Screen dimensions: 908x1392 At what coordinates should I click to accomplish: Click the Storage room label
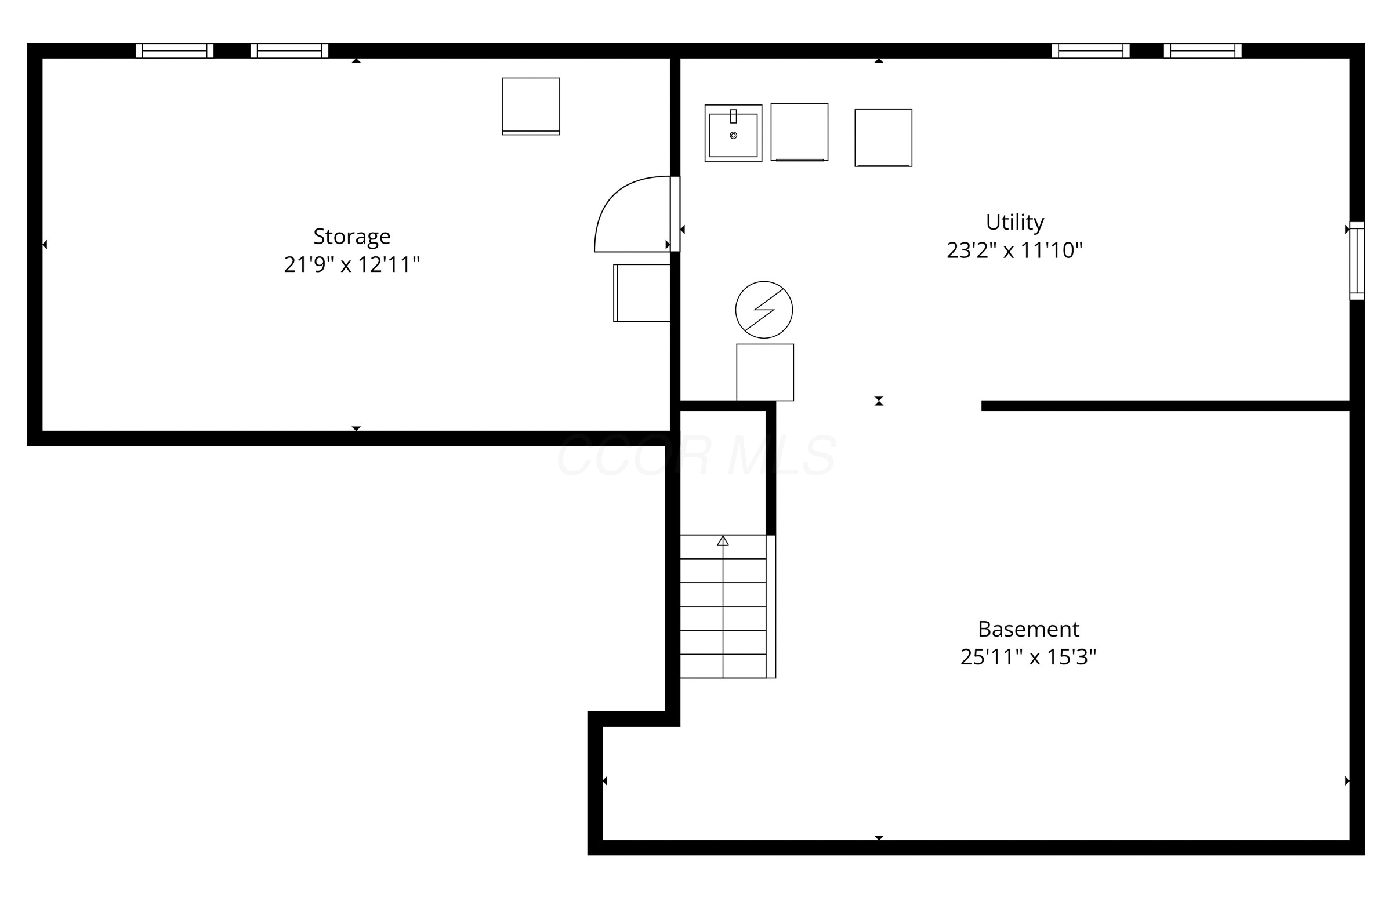[351, 236]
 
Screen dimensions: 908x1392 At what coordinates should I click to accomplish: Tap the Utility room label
[1014, 222]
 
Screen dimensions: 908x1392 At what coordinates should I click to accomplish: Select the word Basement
[1028, 629]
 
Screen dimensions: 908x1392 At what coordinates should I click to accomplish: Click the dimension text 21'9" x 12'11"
[351, 264]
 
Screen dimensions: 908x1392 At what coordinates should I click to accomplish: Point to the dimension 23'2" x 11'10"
[1014, 250]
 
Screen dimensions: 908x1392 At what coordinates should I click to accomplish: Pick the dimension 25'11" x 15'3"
[1028, 657]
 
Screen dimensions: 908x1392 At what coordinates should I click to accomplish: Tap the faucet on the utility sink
[733, 116]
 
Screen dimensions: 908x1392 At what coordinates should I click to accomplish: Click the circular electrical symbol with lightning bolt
[764, 310]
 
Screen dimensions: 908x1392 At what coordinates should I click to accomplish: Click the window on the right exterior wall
[1356, 261]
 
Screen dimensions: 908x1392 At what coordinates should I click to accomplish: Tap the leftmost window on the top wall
[175, 51]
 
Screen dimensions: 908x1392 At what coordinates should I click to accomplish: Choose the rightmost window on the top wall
[1202, 51]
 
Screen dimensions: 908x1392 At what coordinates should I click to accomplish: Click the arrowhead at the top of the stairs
[723, 541]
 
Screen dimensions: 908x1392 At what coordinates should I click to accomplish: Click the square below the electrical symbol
[765, 372]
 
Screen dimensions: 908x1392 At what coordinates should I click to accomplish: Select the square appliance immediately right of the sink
[799, 132]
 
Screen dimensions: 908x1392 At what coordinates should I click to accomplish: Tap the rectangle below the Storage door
[641, 293]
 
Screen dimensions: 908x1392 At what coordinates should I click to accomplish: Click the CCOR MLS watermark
[696, 456]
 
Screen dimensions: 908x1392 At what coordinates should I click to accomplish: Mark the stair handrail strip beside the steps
[771, 606]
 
